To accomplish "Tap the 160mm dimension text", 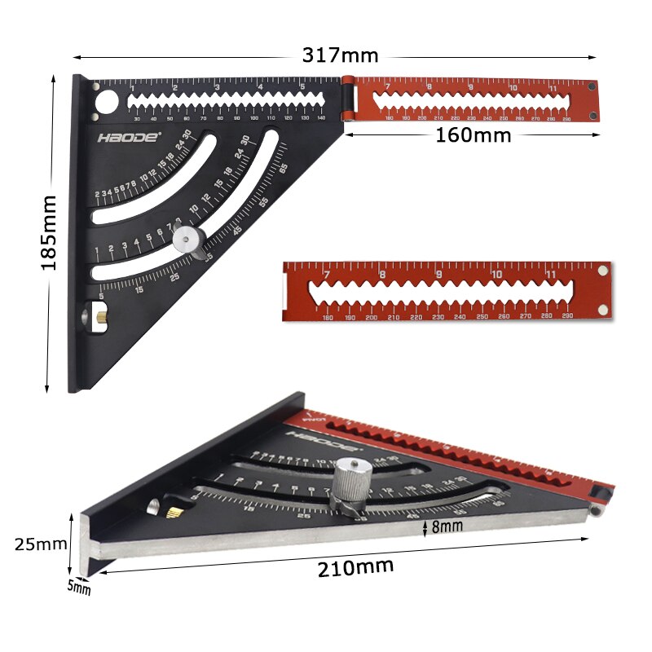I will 473,135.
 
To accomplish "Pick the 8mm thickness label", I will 447,526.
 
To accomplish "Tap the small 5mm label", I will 79,587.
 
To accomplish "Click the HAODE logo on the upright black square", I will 130,137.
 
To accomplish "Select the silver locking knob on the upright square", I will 189,240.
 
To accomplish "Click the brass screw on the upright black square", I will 95,314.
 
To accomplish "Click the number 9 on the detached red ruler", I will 439,274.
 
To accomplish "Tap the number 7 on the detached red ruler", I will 326,274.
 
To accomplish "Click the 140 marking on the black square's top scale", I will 321,119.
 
